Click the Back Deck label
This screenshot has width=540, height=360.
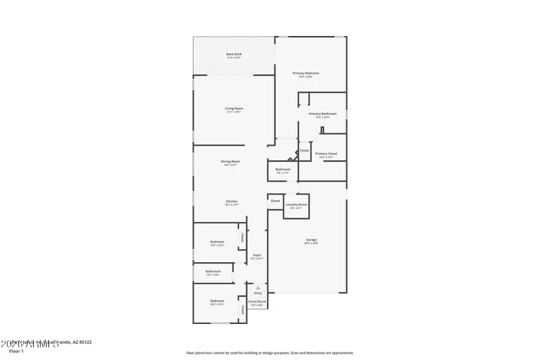[x=234, y=55]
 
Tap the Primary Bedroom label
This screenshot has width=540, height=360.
[x=306, y=73]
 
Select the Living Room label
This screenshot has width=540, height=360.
[x=234, y=109]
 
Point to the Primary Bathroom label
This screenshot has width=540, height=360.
[x=322, y=113]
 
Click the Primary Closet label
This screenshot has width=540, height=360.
[x=326, y=154]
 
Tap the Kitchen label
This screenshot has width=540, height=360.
[x=232, y=201]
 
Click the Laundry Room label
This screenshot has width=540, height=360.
[x=296, y=205]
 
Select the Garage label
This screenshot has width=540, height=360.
[x=311, y=239]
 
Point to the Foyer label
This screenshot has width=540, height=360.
[x=257, y=255]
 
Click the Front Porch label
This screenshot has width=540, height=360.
[x=257, y=301]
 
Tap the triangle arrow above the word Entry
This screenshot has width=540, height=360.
[x=258, y=287]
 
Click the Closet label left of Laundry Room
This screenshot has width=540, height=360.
[x=275, y=200]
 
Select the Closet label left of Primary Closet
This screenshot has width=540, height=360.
[x=304, y=151]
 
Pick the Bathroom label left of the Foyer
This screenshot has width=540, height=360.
[x=213, y=271]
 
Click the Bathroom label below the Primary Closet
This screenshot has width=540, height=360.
[x=283, y=169]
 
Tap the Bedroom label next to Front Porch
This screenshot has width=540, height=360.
[x=217, y=301]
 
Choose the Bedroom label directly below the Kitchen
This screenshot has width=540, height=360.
[x=217, y=242]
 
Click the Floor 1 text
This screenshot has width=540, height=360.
[x=16, y=351]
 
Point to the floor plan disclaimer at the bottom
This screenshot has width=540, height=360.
[x=270, y=353]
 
